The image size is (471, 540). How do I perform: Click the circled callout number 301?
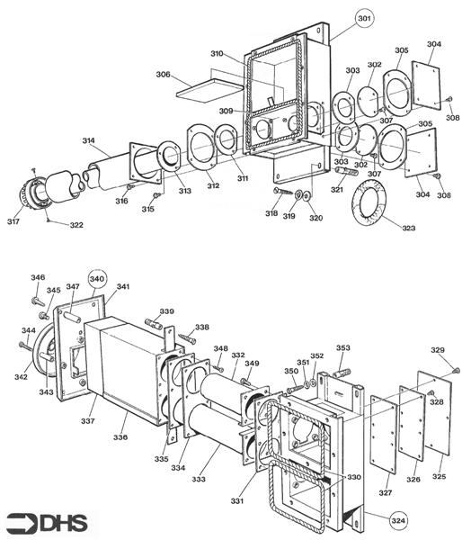click(x=363, y=19)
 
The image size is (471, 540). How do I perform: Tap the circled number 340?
click(x=97, y=278)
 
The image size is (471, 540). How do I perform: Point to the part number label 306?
click(x=164, y=75)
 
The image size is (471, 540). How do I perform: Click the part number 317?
click(x=14, y=221)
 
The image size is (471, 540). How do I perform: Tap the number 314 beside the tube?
click(x=89, y=141)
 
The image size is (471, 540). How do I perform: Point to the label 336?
click(x=120, y=436)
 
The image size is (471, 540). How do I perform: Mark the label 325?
click(x=440, y=475)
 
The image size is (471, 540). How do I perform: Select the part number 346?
click(x=38, y=277)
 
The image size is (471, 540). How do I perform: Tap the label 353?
click(x=342, y=347)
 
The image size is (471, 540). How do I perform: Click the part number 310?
click(x=217, y=54)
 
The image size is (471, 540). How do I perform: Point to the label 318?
click(x=271, y=213)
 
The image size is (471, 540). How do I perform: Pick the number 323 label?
click(x=409, y=229)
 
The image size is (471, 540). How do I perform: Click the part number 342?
click(x=20, y=377)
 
